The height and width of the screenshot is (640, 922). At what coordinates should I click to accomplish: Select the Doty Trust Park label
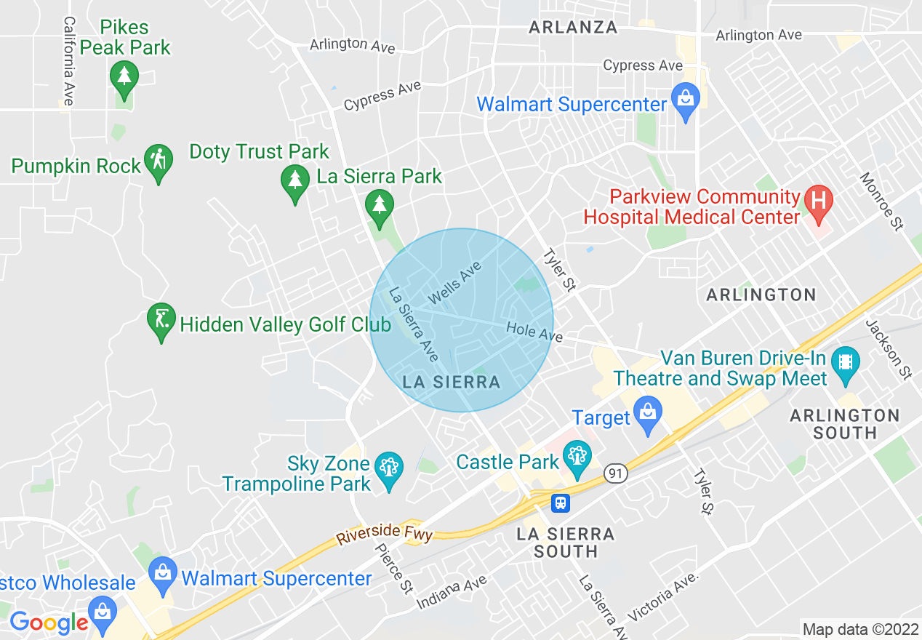click(259, 152)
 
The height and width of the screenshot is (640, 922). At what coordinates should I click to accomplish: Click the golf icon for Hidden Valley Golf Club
click(161, 319)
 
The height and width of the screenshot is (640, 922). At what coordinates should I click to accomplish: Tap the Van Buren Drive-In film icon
click(845, 360)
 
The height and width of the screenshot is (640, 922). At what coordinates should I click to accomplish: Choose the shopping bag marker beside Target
click(647, 412)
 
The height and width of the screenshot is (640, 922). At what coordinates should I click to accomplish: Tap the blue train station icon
click(560, 502)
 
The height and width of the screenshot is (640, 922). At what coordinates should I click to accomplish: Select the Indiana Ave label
click(452, 593)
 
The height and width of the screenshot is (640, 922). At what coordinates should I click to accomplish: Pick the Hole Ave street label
click(534, 332)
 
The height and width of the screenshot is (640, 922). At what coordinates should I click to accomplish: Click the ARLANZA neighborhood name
click(573, 28)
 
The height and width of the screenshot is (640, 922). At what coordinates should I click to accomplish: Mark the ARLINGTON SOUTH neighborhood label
click(844, 424)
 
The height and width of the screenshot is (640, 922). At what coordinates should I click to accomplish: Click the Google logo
click(49, 623)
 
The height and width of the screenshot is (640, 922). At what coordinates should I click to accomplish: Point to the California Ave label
click(69, 61)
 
